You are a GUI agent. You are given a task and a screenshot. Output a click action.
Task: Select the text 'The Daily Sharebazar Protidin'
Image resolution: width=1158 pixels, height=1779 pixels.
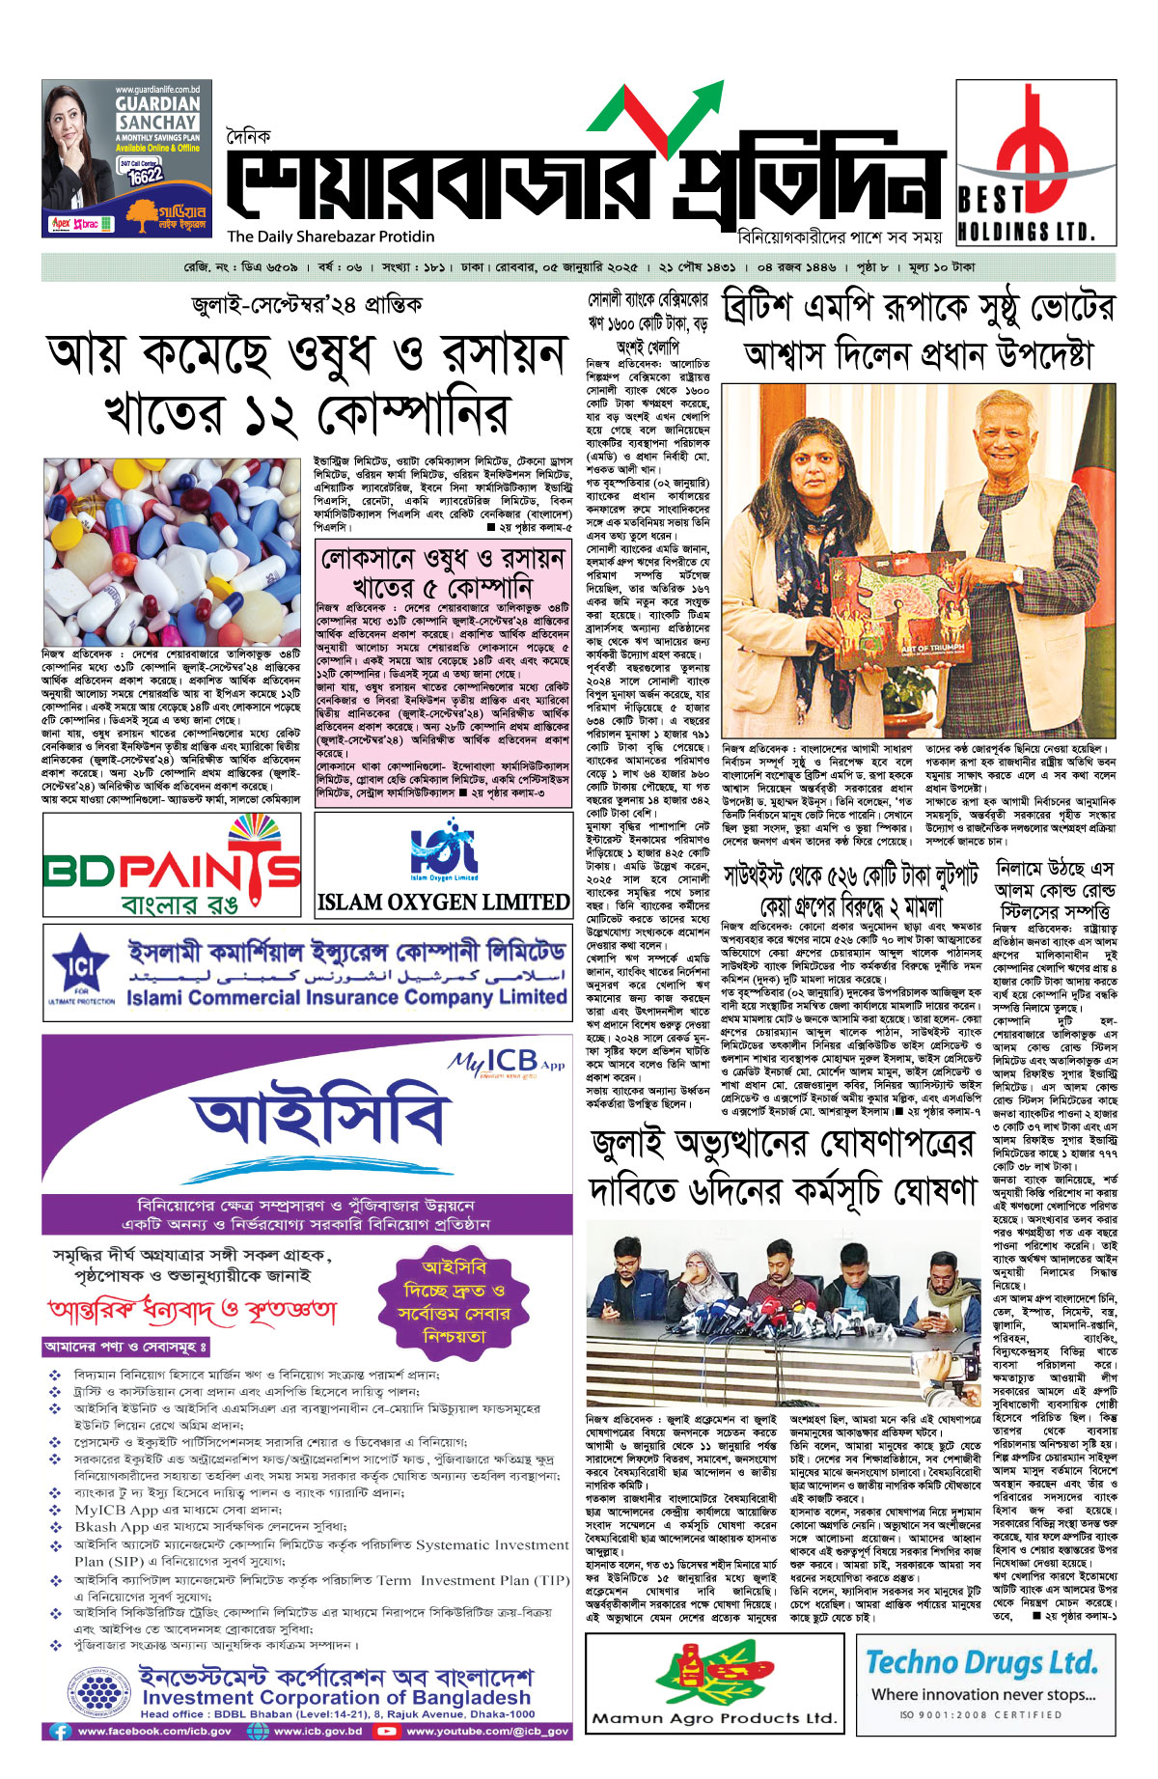[x=330, y=236]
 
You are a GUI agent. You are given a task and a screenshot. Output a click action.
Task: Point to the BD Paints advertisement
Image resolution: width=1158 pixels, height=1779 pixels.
[x=172, y=865]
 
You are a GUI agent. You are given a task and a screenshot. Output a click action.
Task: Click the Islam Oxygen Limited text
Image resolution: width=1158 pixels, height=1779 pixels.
[x=443, y=902]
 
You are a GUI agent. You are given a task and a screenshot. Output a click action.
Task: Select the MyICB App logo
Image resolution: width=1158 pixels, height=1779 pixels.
[x=506, y=1061]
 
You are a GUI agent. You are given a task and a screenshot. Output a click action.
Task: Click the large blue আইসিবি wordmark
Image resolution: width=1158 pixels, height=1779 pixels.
[x=317, y=1120]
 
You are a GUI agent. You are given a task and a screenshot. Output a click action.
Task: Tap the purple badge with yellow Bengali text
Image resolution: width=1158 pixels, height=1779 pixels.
[x=454, y=1302]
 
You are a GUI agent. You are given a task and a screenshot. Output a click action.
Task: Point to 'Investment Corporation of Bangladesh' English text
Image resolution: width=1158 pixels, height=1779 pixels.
[x=336, y=1697]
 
